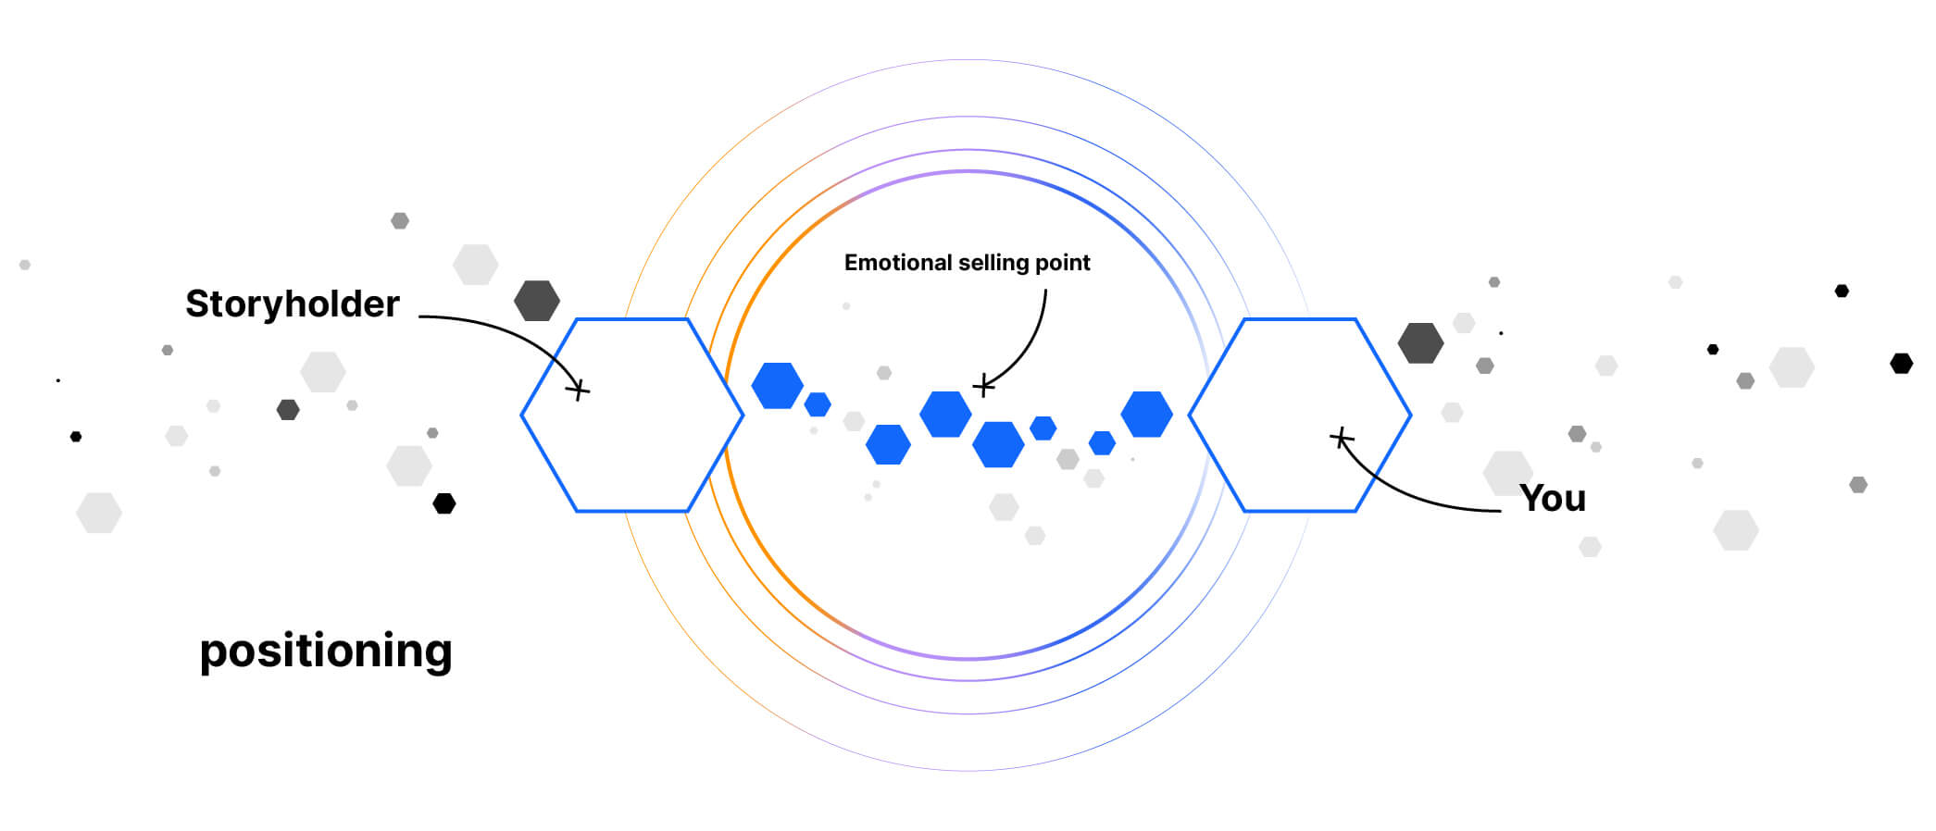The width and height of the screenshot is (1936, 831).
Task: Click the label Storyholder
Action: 292,304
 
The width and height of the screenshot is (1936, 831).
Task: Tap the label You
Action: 1552,499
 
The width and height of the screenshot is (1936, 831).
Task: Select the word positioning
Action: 326,651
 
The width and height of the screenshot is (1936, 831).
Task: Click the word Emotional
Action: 897,263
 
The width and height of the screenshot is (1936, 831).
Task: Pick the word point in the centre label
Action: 1064,263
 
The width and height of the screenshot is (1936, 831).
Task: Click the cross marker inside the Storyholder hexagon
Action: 578,390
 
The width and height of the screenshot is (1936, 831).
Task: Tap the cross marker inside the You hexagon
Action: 1341,438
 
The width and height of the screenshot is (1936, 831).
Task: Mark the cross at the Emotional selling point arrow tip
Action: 983,386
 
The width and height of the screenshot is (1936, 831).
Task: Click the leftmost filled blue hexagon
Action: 777,386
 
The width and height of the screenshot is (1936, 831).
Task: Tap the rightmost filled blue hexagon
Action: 1146,414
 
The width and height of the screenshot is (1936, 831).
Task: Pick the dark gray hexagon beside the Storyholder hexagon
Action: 537,301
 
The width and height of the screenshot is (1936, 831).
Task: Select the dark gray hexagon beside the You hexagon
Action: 1420,343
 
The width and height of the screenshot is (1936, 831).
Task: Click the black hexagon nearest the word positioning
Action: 444,503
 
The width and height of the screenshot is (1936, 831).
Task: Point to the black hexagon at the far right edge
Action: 1901,364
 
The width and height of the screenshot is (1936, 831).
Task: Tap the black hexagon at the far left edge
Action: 76,437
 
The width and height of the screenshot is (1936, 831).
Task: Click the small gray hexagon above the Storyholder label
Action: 400,220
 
